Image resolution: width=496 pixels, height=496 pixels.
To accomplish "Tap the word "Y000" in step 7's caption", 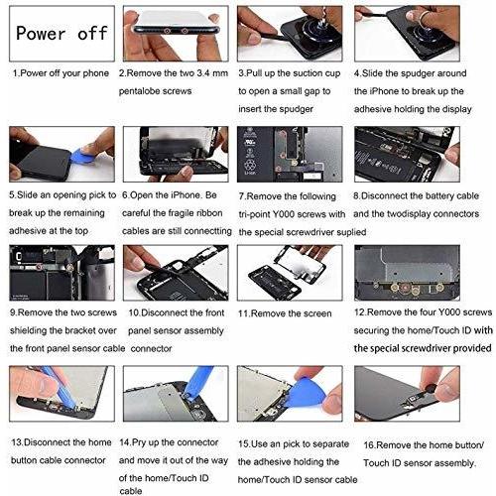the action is [287, 214].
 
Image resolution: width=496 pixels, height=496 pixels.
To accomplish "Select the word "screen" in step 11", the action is [315, 313].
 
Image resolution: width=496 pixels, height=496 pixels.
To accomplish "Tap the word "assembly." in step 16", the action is [455, 463].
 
